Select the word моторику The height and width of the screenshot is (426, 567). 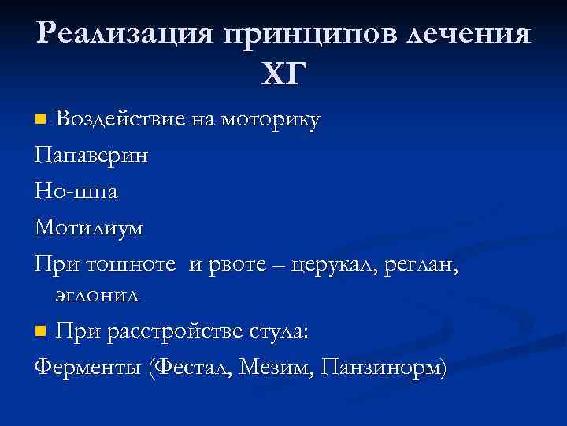tap(270, 119)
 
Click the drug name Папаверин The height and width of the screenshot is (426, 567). tap(90, 155)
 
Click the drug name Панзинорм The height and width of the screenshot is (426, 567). tap(383, 368)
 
